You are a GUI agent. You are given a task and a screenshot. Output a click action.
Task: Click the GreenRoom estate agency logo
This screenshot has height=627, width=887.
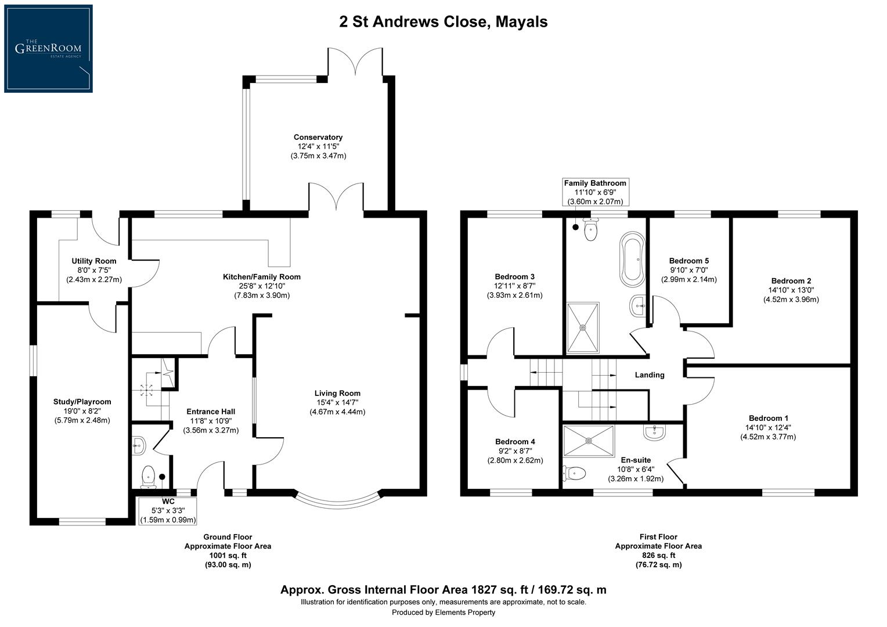tap(48, 48)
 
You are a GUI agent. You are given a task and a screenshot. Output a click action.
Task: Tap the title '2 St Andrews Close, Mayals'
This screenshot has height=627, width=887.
tap(443, 22)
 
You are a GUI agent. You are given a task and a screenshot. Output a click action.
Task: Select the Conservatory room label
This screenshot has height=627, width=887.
tap(318, 138)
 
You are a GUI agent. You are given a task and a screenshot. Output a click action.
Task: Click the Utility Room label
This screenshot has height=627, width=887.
tap(94, 261)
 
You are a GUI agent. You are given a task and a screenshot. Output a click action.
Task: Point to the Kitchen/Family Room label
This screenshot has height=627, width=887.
tap(262, 277)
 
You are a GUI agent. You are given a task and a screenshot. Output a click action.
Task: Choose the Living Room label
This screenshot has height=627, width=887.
tap(337, 393)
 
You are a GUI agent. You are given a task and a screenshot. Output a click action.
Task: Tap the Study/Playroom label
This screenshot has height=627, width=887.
tap(82, 402)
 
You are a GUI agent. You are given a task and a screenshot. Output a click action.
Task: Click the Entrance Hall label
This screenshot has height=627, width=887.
tap(211, 412)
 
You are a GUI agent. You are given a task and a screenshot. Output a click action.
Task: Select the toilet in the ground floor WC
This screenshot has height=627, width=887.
tap(149, 476)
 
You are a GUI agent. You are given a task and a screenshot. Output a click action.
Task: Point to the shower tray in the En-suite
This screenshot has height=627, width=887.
tap(588, 441)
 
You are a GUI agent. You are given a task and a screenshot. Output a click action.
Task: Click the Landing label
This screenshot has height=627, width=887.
tap(650, 375)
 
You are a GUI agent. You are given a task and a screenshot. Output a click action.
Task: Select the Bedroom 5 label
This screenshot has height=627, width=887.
tap(688, 261)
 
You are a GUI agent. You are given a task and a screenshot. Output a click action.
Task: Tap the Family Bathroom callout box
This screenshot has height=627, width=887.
tap(595, 192)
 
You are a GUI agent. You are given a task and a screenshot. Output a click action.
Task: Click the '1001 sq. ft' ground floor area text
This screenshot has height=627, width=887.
tap(228, 556)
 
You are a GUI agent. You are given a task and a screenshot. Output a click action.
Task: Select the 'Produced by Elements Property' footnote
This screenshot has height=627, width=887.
tap(443, 612)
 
